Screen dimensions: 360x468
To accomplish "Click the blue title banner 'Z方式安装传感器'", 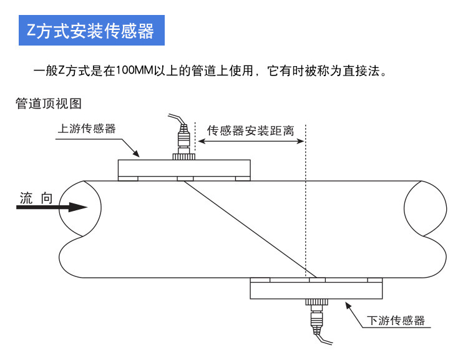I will coord(91,30).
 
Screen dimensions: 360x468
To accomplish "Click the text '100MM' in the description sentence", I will coord(130,70).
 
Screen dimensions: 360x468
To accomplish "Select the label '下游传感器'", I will coord(396,321).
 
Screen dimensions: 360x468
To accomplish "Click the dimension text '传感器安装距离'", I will coord(250,131).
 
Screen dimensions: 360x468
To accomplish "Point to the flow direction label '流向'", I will coord(36,198).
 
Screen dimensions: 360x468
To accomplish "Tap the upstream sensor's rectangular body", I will coord(184,168).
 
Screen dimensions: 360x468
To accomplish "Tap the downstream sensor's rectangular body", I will coord(317,289).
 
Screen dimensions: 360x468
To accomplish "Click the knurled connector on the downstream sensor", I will coord(315,302).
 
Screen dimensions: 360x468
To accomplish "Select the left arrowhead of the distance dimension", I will coord(200,141).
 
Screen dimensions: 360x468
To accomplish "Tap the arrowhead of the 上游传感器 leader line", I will coord(139,155).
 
